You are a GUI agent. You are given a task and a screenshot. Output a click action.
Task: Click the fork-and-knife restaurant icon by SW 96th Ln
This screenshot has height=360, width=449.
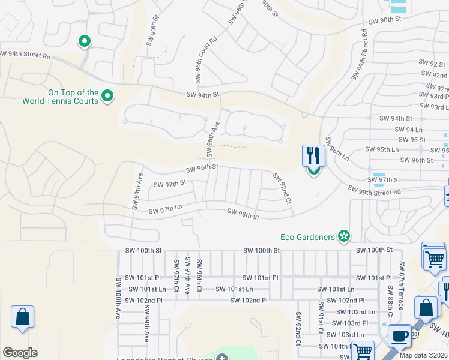[x=313, y=156]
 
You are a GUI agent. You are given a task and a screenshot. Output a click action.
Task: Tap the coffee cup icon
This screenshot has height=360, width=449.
[x=399, y=335]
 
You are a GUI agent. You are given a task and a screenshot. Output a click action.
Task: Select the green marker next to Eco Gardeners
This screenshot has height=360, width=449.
[x=344, y=237]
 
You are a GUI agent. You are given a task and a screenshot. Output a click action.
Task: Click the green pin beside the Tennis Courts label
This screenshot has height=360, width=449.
[x=107, y=96]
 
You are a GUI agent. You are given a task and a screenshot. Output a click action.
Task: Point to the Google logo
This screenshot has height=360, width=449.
[x=20, y=353]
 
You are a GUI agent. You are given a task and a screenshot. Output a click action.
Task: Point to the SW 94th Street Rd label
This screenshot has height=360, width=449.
[x=26, y=53]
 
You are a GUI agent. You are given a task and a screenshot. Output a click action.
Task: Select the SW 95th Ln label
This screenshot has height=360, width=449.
[x=382, y=149]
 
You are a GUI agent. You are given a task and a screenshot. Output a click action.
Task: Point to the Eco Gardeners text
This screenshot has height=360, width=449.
[x=307, y=237]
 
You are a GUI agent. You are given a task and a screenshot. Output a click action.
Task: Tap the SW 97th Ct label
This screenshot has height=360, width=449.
[x=176, y=277]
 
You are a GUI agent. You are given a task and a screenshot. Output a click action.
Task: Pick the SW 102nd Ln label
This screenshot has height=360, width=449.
[x=355, y=311]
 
